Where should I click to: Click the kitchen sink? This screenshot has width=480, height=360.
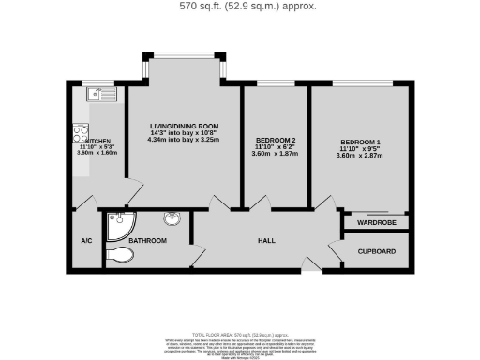(98, 94)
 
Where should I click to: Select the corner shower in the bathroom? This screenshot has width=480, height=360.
(120, 223)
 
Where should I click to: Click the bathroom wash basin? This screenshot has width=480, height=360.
(172, 220)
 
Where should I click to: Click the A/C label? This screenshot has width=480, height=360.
(86, 241)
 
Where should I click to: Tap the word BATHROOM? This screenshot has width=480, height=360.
(149, 241)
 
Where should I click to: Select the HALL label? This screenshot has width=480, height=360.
(265, 241)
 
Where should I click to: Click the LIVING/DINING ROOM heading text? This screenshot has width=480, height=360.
(185, 126)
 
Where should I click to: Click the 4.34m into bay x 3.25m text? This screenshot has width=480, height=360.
(185, 140)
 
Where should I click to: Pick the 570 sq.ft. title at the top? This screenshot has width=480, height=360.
(240, 6)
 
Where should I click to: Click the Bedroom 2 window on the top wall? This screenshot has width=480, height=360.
(277, 84)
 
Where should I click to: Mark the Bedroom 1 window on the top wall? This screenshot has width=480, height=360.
(361, 84)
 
